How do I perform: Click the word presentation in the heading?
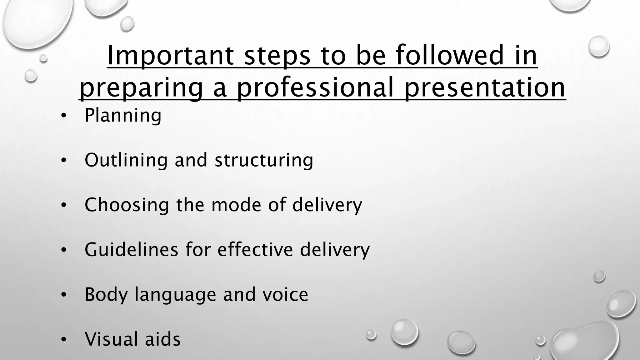pyautogui.click(x=485, y=88)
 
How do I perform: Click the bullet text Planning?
pyautogui.click(x=123, y=116)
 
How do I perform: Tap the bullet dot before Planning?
pyautogui.click(x=64, y=116)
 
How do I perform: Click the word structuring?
pyautogui.click(x=264, y=160)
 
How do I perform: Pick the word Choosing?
pyautogui.click(x=127, y=205)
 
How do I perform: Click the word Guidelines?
pyautogui.click(x=131, y=250)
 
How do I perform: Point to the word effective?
pyautogui.click(x=255, y=250)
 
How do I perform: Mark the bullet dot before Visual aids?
pyautogui.click(x=64, y=340)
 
